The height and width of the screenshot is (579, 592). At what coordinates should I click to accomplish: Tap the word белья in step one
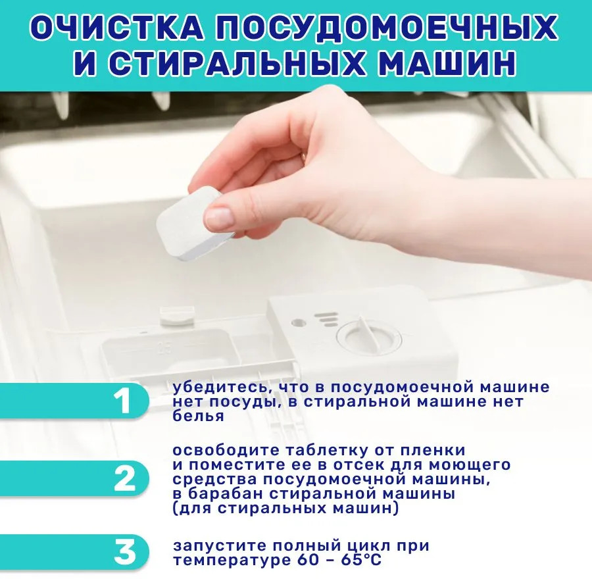pyautogui.click(x=198, y=415)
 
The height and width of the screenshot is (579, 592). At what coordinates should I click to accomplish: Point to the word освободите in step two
pyautogui.click(x=226, y=451)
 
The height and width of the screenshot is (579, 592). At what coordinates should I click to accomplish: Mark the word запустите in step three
pyautogui.click(x=220, y=546)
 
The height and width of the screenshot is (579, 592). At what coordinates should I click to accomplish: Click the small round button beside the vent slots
pyautogui.click(x=298, y=323)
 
